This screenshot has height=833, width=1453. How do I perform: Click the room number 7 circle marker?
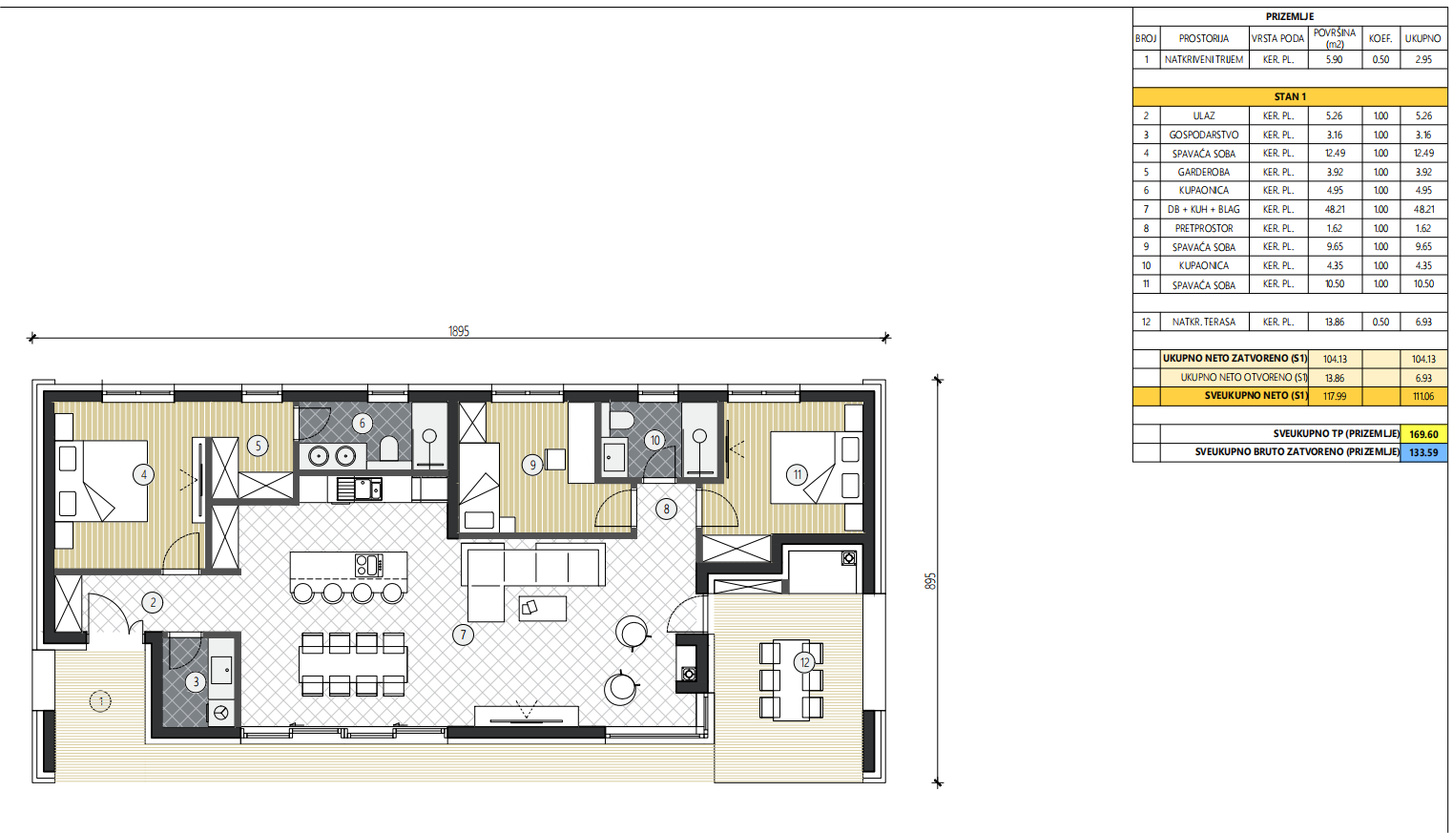point(463,635)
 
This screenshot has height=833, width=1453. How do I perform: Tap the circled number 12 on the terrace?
point(805,662)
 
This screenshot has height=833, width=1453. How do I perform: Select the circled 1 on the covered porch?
point(100,701)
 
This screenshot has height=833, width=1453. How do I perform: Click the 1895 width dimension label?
point(459,331)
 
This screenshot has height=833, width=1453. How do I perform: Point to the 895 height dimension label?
point(931,581)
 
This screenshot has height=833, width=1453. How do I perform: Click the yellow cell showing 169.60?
point(1423,434)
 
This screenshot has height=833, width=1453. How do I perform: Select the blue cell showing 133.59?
point(1423,452)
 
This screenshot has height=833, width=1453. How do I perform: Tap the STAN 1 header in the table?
point(1290,96)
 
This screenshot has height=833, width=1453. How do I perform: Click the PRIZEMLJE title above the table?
point(1290,17)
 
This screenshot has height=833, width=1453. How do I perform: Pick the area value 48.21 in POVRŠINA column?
point(1335,210)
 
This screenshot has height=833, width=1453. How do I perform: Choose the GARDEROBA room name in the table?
point(1204,172)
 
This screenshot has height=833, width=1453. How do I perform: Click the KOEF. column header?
point(1380,38)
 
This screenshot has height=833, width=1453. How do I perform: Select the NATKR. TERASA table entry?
point(1204,322)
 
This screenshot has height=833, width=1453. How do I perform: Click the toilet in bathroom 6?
point(388,448)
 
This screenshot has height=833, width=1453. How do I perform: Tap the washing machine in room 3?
point(220,713)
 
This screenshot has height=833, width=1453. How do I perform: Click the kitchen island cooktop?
point(369,565)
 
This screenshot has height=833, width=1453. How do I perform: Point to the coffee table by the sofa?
point(542,609)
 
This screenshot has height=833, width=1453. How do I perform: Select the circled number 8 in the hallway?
point(666,510)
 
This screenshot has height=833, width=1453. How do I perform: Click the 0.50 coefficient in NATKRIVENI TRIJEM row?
point(1380,60)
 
